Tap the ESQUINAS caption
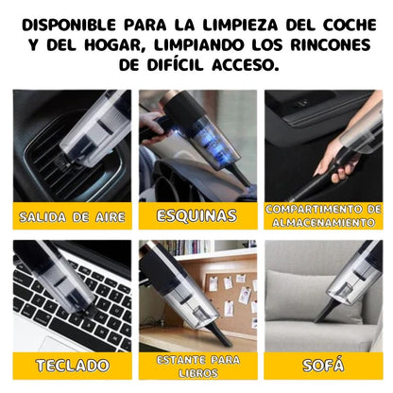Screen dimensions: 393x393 (x=196, y=216)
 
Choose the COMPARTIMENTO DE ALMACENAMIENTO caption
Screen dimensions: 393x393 (x=323, y=215)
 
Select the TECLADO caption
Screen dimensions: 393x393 (x=71, y=365)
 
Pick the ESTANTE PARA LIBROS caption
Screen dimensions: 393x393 (x=196, y=365)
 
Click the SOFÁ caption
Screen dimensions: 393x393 (x=323, y=365)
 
